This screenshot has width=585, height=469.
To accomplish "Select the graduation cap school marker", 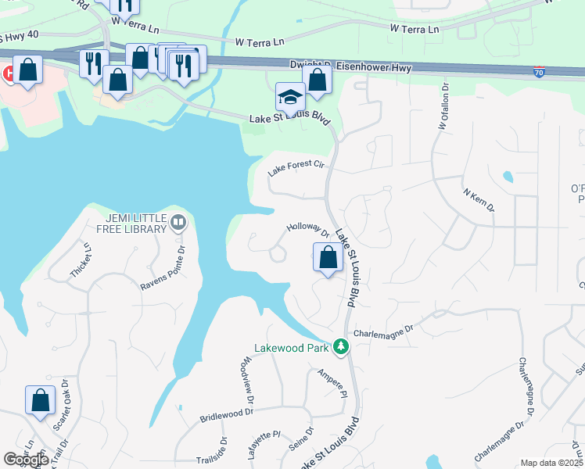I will click(x=290, y=98).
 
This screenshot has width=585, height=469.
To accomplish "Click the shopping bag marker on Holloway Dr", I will click(x=328, y=257).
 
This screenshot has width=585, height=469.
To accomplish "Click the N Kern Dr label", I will click(x=479, y=200).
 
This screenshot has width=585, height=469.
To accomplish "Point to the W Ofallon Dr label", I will click(x=440, y=106).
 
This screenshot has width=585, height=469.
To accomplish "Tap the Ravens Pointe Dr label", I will click(x=162, y=269).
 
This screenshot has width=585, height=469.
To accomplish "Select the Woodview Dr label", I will click(x=248, y=378).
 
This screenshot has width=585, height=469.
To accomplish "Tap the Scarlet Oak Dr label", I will click(x=63, y=410).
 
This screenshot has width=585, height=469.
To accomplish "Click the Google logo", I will click(x=26, y=460).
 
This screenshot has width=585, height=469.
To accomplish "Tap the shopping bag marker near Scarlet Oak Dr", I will click(x=40, y=400).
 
